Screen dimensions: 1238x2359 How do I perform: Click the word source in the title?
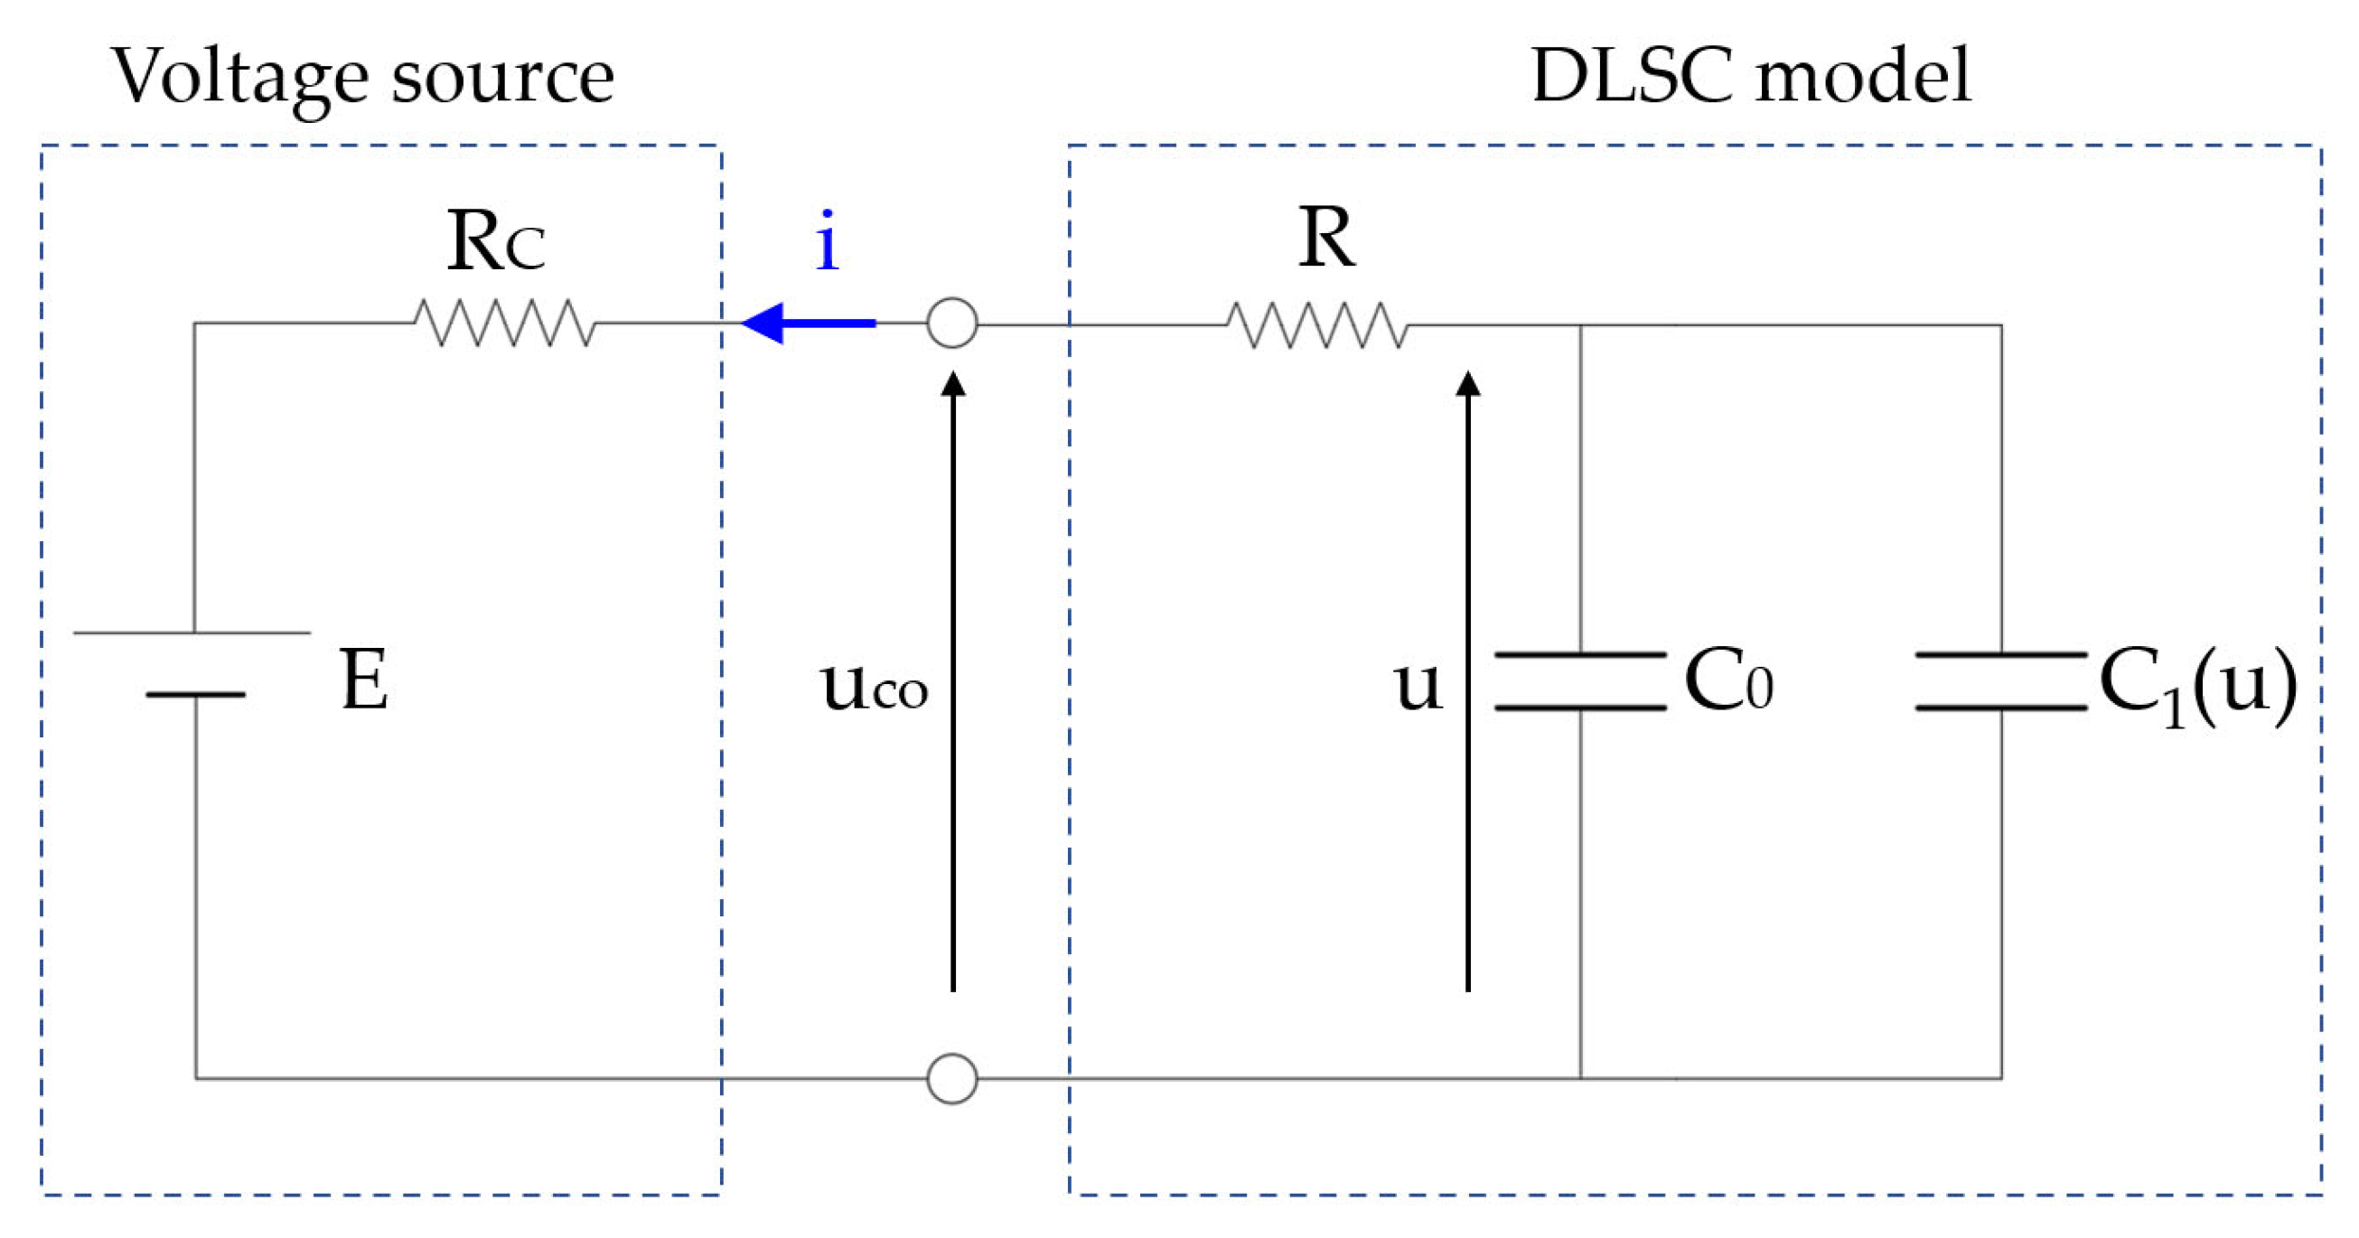coord(502,79)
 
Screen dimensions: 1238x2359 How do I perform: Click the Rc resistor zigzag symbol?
coord(504,323)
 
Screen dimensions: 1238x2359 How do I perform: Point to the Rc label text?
coord(495,242)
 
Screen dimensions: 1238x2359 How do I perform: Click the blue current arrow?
coord(806,323)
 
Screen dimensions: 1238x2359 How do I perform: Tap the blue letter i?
coord(827,242)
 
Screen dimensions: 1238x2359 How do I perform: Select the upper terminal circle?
coord(952,323)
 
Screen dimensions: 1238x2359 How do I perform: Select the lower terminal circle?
coord(952,1079)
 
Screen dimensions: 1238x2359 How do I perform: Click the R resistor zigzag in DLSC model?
coord(1317,325)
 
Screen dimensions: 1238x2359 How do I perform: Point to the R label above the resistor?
coord(1327,238)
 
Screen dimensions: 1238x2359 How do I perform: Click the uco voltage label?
coord(873,687)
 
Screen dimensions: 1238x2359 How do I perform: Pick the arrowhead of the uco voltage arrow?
coord(953,383)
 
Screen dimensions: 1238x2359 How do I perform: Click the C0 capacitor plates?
coord(1579,681)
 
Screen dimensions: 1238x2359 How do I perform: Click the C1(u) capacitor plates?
coord(2001,681)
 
